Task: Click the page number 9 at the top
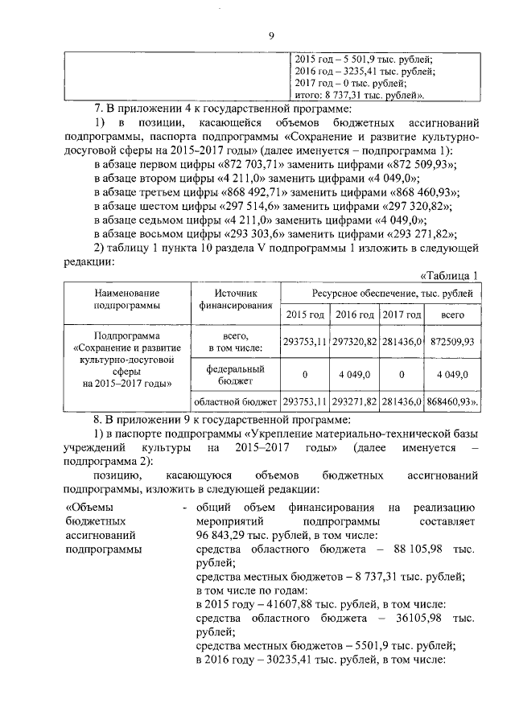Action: click(271, 35)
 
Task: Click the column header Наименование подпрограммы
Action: click(126, 299)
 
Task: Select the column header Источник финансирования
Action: click(238, 299)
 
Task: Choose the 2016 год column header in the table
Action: click(354, 315)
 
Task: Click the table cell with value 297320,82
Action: click(354, 341)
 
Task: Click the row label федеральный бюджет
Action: click(238, 374)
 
